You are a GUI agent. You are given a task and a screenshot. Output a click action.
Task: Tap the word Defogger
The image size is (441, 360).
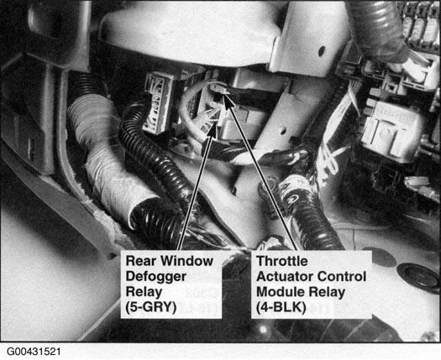coord(155,276)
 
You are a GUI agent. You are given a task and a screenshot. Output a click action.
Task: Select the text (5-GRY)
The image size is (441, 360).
coord(151,307)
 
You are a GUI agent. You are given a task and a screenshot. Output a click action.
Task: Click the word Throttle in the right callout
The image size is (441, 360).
coord(282,261)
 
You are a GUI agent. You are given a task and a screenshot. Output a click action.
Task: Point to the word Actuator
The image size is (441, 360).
coord(283,276)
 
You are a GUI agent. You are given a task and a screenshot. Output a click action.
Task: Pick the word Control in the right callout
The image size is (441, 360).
coord(339,276)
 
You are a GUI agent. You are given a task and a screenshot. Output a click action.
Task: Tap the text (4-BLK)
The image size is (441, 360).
coord(281,307)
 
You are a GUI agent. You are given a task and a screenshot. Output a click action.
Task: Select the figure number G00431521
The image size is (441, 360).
coord(34,352)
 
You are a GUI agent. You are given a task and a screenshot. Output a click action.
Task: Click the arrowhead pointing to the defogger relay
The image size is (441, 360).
coord(213,129)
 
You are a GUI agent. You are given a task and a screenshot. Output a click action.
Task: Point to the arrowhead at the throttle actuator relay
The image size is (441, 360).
coord(228,102)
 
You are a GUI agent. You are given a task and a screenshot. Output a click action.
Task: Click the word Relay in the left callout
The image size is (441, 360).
coord(144,292)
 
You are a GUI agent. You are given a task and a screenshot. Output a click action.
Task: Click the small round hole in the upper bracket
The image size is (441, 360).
coord(322,51)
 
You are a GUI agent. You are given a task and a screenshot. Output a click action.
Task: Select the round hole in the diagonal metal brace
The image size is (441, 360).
coord(281,130)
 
